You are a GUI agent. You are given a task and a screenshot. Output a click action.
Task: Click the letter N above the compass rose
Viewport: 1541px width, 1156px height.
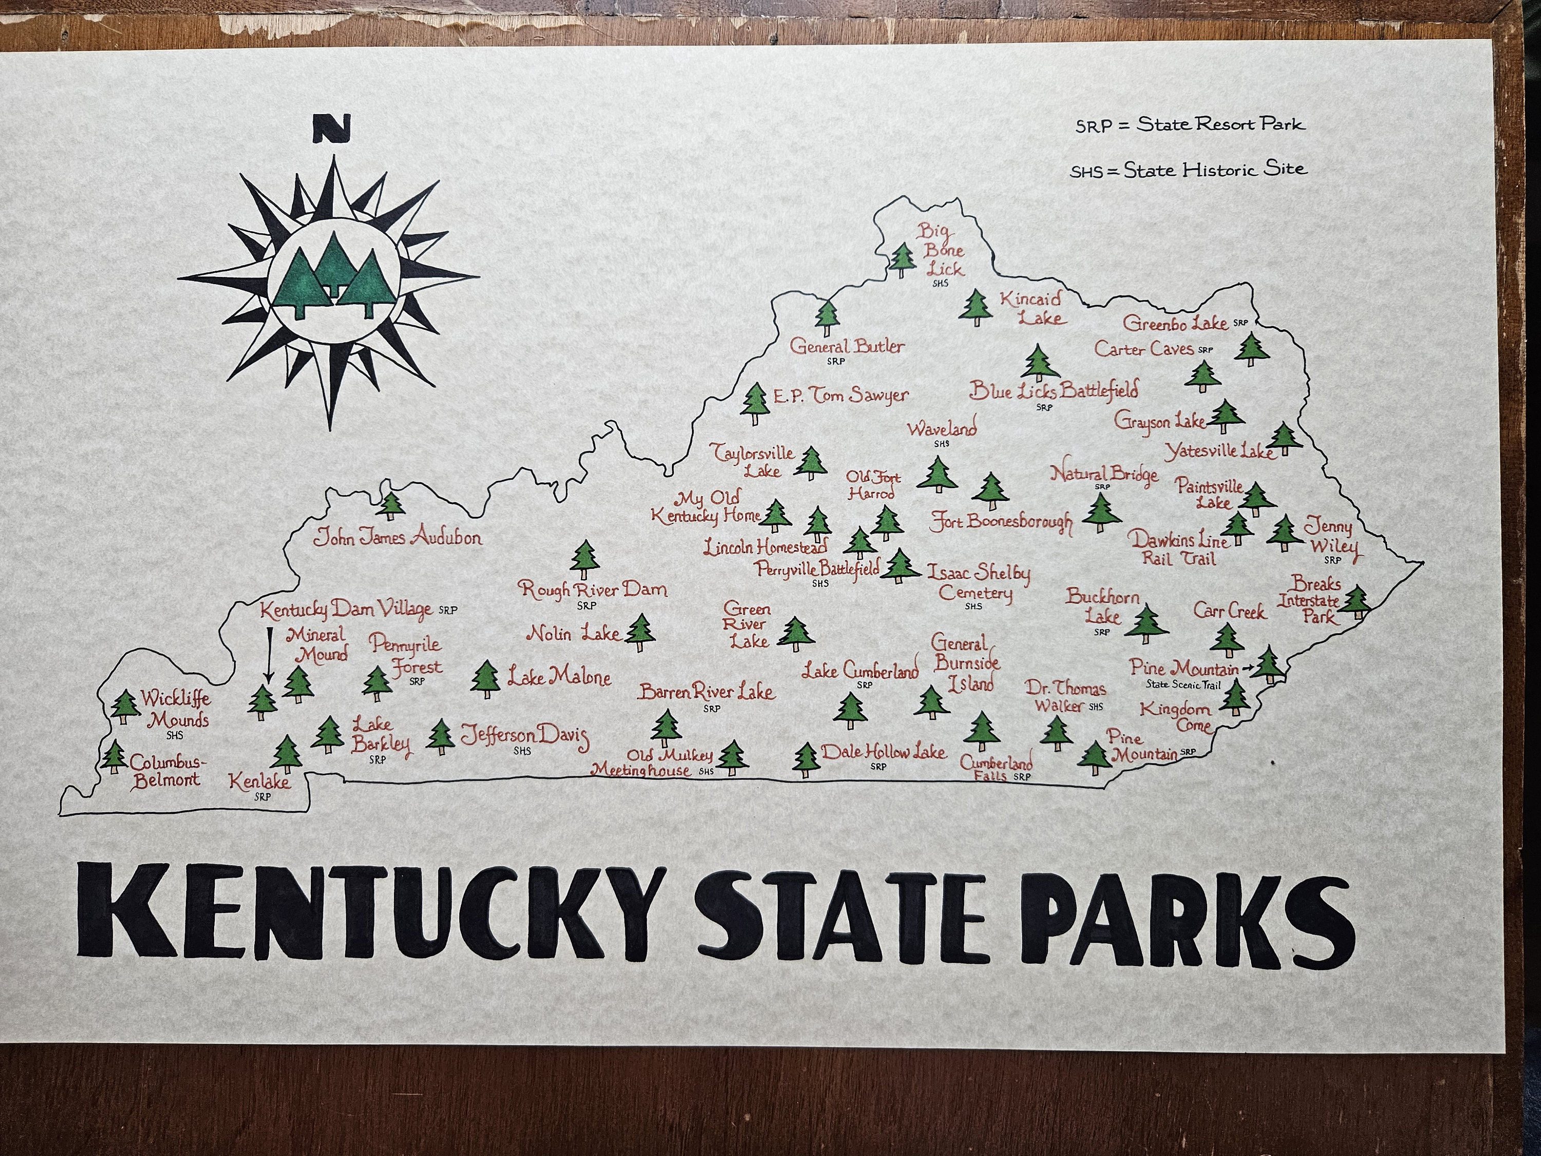pyautogui.click(x=331, y=129)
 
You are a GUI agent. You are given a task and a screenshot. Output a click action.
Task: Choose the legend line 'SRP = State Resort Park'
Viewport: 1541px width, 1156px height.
pyautogui.click(x=1190, y=125)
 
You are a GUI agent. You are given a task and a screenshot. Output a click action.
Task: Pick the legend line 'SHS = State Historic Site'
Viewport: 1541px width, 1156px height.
pyautogui.click(x=1188, y=170)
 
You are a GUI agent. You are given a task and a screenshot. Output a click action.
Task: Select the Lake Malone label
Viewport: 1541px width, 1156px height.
pyautogui.click(x=559, y=677)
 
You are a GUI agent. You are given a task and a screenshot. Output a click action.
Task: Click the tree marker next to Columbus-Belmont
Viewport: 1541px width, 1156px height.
pyautogui.click(x=113, y=757)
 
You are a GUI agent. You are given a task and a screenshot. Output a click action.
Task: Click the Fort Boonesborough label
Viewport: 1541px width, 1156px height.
pyautogui.click(x=1001, y=523)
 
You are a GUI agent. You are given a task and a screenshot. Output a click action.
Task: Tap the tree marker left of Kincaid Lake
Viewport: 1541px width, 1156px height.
pyautogui.click(x=976, y=307)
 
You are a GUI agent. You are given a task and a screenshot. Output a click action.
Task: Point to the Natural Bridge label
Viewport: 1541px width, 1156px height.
pyautogui.click(x=1104, y=475)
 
